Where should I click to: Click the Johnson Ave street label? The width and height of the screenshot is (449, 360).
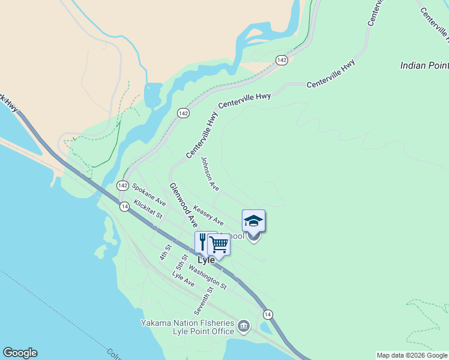(210, 174)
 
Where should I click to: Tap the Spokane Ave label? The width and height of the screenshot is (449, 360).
(149, 196)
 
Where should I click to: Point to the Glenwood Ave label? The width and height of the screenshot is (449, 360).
(184, 205)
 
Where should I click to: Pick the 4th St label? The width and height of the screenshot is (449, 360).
(166, 252)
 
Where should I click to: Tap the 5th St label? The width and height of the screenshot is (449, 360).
(182, 262)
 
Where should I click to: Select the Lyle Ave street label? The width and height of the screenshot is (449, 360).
(183, 278)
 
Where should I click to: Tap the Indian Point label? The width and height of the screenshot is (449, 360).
(424, 65)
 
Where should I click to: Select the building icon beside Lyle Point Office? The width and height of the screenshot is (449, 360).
(244, 326)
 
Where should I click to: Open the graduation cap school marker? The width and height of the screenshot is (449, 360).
(253, 221)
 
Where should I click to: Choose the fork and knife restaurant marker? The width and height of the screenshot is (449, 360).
(203, 241)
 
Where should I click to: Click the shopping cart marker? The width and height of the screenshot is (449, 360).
(219, 244)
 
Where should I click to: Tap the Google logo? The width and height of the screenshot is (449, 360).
(20, 353)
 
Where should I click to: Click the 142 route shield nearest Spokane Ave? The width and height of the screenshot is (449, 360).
(122, 186)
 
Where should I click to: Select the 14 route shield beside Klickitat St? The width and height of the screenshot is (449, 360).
(124, 206)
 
